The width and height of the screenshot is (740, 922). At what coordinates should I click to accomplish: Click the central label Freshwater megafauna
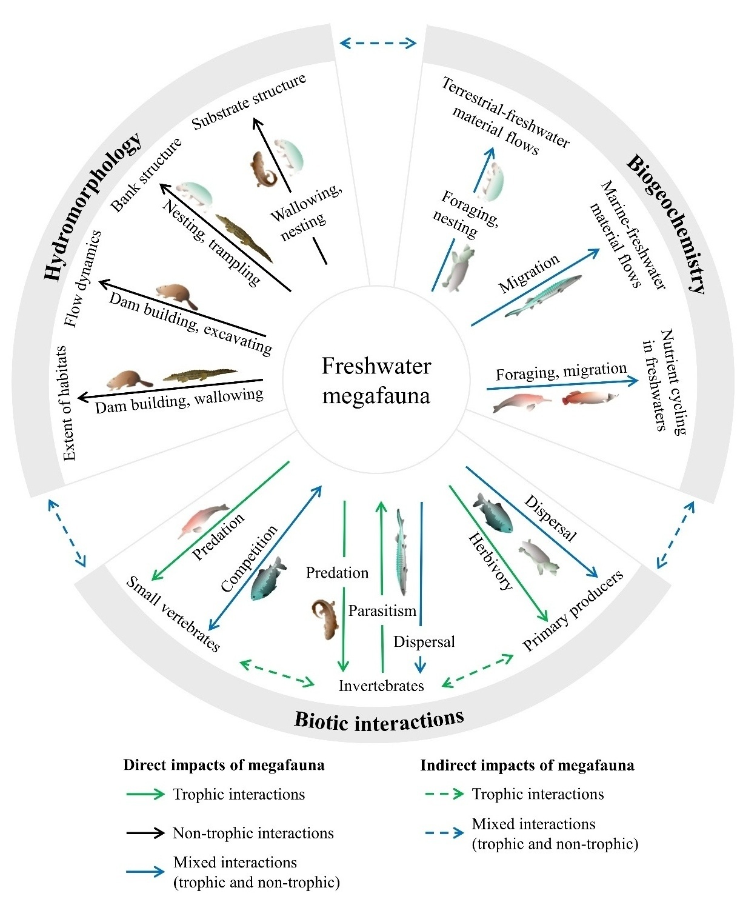376,381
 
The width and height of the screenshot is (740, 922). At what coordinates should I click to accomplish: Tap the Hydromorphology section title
92,207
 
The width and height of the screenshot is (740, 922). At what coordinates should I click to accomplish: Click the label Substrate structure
248,101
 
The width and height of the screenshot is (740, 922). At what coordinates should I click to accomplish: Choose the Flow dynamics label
83,278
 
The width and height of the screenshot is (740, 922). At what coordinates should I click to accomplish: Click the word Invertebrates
381,686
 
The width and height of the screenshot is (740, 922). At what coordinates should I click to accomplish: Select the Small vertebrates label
173,613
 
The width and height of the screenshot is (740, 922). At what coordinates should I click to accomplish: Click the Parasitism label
382,610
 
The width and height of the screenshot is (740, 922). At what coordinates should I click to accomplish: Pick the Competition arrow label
249,558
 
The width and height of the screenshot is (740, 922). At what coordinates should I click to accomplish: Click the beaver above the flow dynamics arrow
176,295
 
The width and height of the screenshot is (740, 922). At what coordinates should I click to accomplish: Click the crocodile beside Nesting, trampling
244,238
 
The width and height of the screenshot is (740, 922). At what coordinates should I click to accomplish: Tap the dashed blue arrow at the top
378,42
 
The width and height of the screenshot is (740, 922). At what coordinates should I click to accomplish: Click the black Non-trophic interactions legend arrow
145,833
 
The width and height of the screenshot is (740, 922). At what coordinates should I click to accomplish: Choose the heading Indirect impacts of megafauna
527,766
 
